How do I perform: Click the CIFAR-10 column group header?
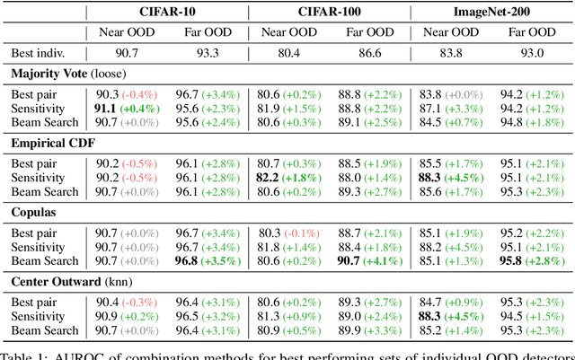coord(167,13)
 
